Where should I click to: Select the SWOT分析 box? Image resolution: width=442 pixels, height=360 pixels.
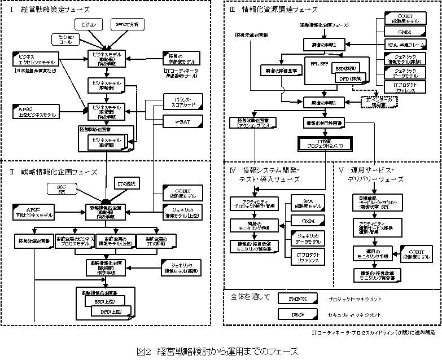click(130, 25)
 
